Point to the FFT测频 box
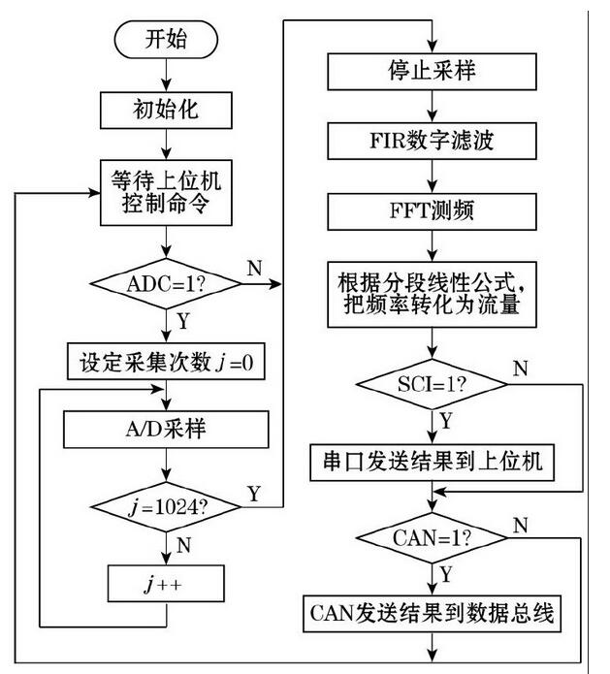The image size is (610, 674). (x=432, y=209)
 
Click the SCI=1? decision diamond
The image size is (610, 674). (x=432, y=385)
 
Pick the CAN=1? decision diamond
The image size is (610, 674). (x=432, y=537)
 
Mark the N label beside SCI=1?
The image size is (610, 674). (x=521, y=369)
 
